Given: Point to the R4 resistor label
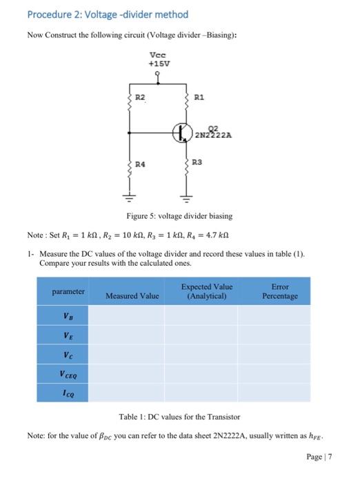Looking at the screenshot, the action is click(x=140, y=165).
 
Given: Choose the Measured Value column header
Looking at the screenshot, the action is click(x=132, y=296).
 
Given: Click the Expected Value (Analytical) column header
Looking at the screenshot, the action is click(x=206, y=291).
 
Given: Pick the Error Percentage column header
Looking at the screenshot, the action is click(x=279, y=291).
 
